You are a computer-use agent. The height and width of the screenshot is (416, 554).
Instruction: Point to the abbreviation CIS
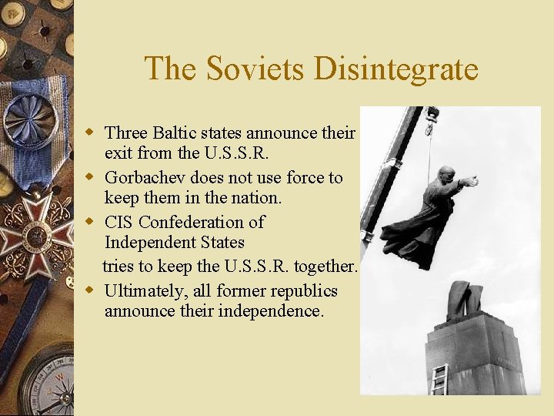coord(118,223)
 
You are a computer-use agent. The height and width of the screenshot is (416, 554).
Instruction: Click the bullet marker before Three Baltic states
coord(90,133)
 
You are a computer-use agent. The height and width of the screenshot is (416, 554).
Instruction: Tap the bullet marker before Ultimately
coord(90,290)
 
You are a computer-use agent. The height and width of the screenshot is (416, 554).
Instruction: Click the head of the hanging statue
coord(446,173)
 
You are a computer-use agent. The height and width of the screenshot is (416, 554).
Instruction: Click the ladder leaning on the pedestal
coord(439,379)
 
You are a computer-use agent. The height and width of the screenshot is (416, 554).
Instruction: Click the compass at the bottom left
coord(46,385)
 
